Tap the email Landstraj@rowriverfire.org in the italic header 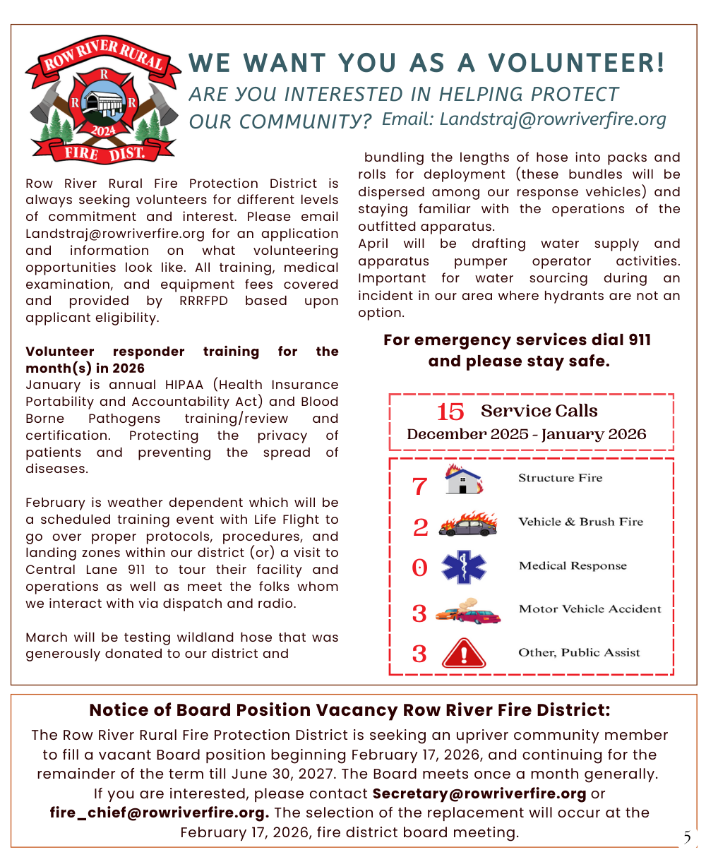(x=524, y=119)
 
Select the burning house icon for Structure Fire (x=464, y=479)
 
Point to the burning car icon (x=467, y=525)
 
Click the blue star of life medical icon (x=464, y=567)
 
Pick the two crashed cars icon (x=467, y=611)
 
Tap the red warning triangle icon (x=463, y=653)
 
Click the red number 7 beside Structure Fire (x=419, y=486)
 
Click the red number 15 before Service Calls (x=450, y=412)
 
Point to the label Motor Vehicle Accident (x=590, y=609)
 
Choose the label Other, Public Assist (x=579, y=653)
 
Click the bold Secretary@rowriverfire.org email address (x=479, y=793)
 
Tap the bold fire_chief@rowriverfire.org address (x=160, y=813)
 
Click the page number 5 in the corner (x=686, y=838)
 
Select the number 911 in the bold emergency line (x=639, y=340)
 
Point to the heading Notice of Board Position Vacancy (x=349, y=710)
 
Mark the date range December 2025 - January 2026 (x=527, y=434)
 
